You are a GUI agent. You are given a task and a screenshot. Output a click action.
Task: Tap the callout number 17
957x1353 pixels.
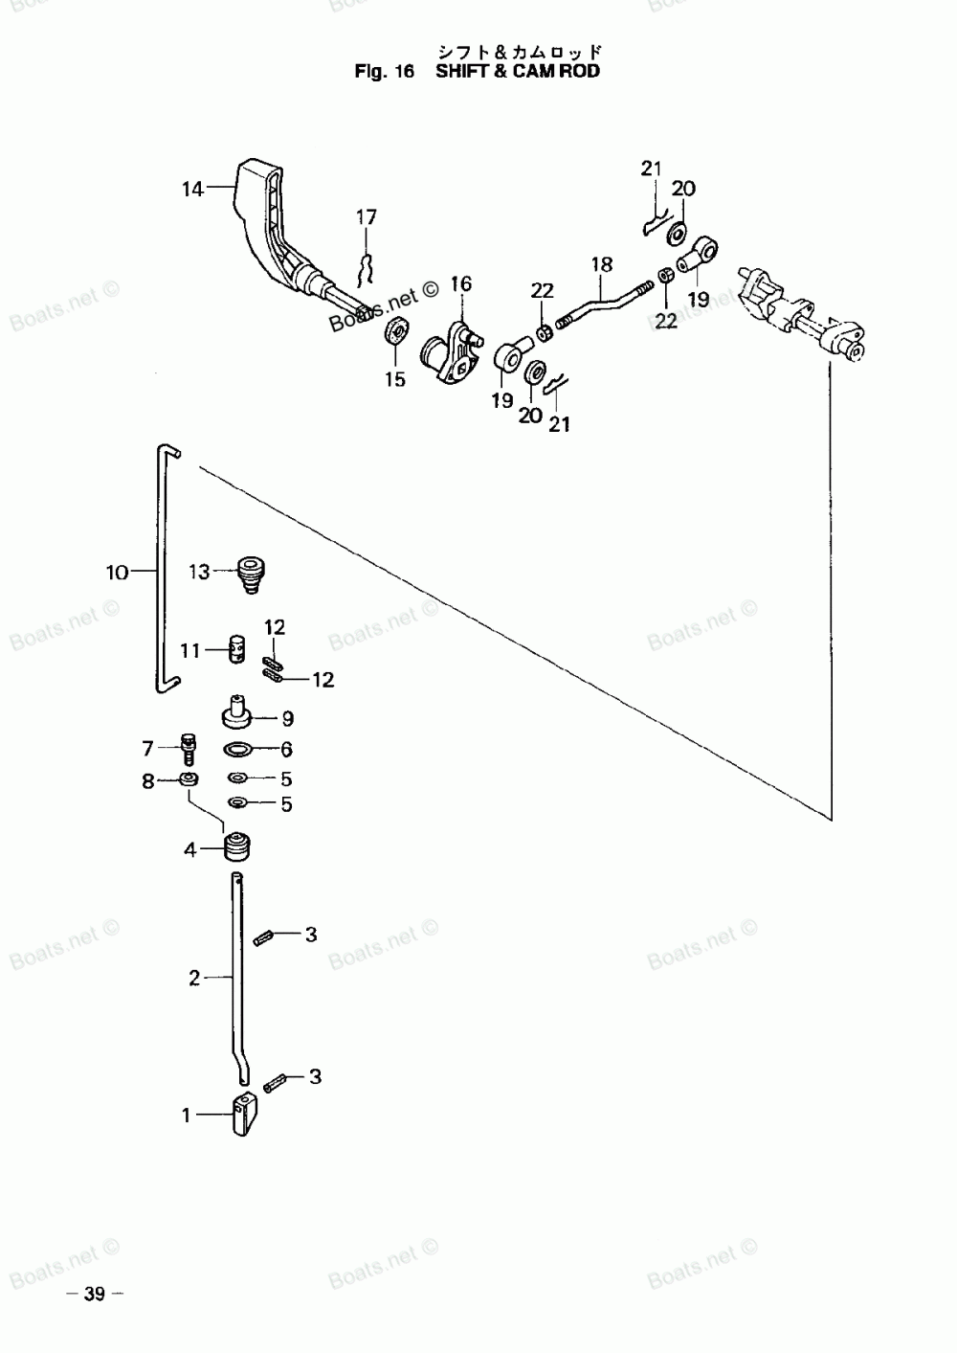tap(367, 217)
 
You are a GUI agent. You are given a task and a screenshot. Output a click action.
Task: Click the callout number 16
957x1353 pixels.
tap(460, 283)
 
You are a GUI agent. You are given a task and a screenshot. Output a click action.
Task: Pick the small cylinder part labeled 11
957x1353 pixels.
tap(236, 649)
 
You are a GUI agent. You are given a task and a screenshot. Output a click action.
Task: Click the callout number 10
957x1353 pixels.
tap(117, 573)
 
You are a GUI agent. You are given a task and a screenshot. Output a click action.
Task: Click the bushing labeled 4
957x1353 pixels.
tap(236, 847)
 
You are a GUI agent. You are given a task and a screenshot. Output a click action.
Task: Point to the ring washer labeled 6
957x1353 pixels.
tap(238, 749)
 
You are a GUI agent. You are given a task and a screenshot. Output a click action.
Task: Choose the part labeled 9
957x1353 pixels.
tap(235, 712)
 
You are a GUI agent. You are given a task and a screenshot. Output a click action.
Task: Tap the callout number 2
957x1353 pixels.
tap(194, 978)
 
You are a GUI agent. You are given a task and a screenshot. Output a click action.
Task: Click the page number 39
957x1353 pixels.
tap(94, 1295)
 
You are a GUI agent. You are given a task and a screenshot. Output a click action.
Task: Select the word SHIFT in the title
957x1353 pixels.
tap(462, 71)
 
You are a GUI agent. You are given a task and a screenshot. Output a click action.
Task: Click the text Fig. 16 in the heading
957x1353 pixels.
tap(384, 71)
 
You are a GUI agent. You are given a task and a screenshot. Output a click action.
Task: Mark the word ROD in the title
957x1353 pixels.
tap(581, 71)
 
